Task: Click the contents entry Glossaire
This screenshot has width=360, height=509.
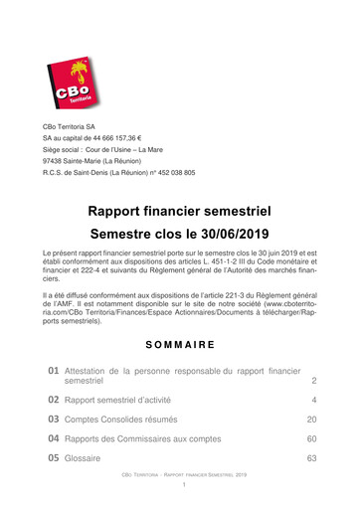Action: click(x=86, y=458)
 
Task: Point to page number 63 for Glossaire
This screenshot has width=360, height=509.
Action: click(x=311, y=458)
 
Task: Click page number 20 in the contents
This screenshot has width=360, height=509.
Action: click(x=311, y=420)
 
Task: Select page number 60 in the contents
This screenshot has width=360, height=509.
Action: click(x=311, y=438)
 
